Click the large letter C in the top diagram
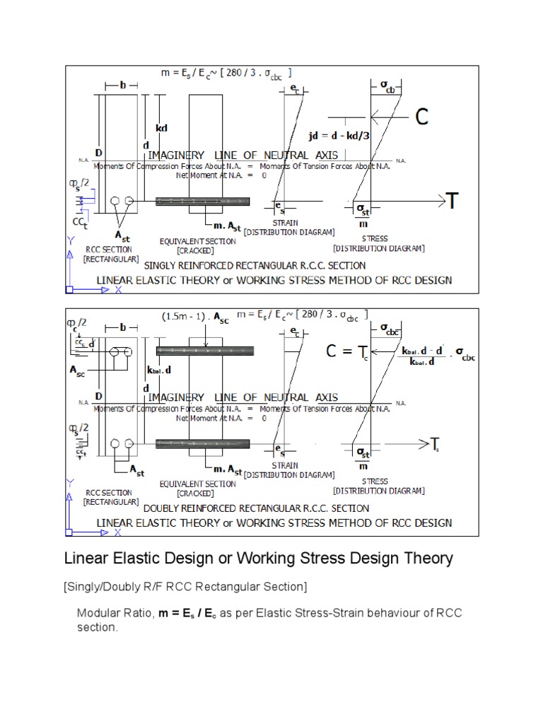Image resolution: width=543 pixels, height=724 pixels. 422,117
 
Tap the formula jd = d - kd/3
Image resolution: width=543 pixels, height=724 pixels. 339,135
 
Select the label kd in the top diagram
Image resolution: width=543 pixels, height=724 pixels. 161,129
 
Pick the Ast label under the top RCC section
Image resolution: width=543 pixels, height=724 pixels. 121,236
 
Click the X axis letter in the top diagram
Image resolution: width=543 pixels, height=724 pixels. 118,290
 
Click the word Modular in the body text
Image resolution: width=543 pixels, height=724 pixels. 98,613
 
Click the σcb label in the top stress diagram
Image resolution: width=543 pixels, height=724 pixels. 388,86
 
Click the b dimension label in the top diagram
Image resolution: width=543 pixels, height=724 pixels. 122,85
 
